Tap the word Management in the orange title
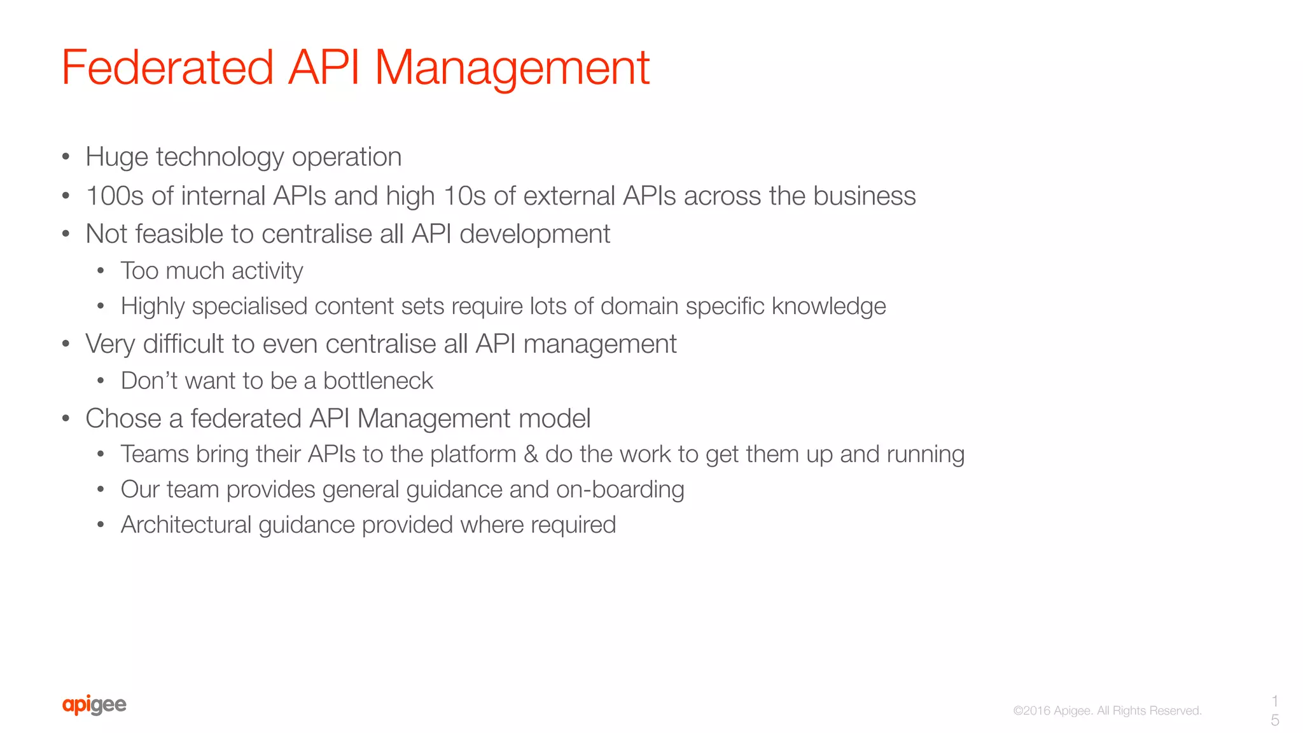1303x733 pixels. coord(512,67)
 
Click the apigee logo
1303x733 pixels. coord(94,705)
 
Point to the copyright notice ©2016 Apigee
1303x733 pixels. coord(1107,711)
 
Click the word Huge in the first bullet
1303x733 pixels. coord(117,157)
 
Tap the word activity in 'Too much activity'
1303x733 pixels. coord(267,271)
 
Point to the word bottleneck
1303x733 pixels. coord(378,381)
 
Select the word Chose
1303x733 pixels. coord(123,418)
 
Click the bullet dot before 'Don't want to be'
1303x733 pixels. coord(101,381)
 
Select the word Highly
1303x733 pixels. coord(153,306)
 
